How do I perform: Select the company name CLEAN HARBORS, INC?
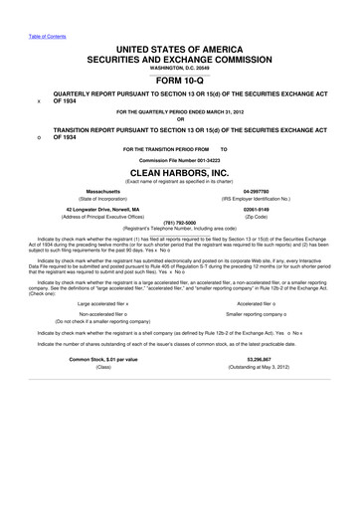point(180,170)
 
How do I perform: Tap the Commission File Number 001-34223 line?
point(180,158)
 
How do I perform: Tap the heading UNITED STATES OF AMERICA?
point(180,48)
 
